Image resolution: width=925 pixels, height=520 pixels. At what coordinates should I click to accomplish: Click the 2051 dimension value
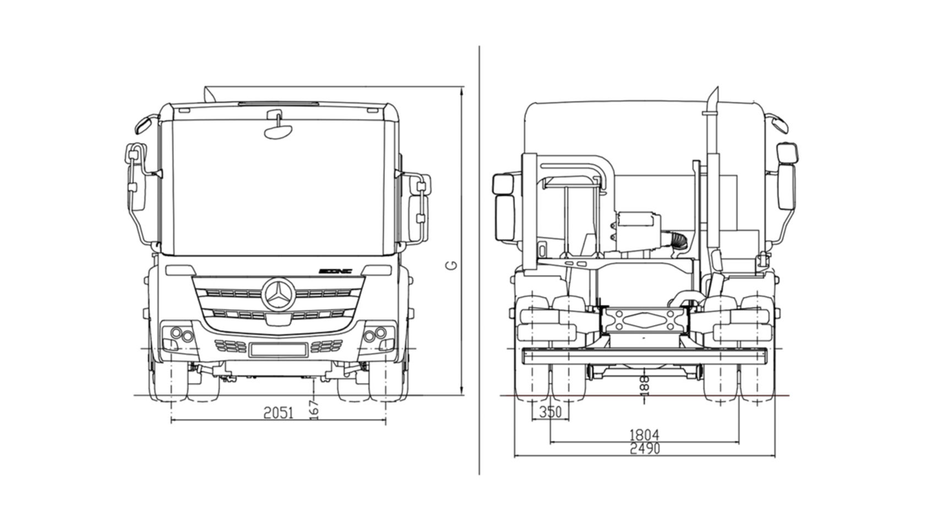click(x=279, y=412)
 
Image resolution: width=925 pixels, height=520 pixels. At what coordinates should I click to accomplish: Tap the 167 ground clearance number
click(x=314, y=409)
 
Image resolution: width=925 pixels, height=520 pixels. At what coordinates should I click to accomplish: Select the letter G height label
click(x=451, y=265)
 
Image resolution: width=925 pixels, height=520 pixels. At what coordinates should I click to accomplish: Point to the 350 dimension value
click(x=551, y=411)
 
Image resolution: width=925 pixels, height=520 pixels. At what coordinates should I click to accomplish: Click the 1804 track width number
click(x=644, y=435)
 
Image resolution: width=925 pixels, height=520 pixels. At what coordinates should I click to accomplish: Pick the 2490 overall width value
click(x=644, y=449)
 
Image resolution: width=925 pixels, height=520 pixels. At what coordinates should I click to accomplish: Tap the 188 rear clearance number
click(x=645, y=385)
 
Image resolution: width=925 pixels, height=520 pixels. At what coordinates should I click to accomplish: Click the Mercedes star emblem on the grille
click(x=278, y=294)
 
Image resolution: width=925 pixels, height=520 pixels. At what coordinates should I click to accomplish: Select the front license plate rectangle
click(x=278, y=349)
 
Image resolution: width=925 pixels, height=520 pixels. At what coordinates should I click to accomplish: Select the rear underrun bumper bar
click(x=644, y=355)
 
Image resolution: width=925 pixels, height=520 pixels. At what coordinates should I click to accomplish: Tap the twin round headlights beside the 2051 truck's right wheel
click(x=375, y=333)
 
